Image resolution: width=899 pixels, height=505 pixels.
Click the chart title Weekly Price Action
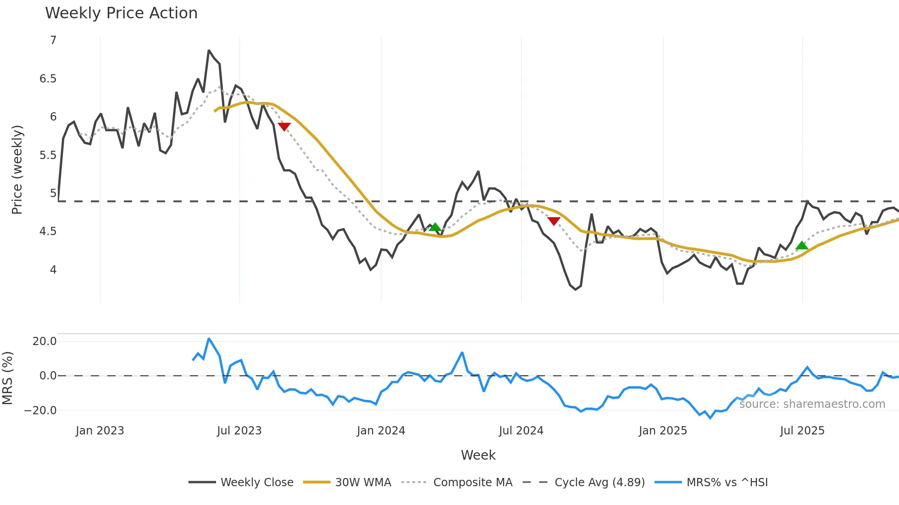point(121,13)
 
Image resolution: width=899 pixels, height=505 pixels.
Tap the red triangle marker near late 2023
point(284,126)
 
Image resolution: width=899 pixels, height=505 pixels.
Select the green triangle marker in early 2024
point(435,227)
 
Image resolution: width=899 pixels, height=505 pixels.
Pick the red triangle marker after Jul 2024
point(554,221)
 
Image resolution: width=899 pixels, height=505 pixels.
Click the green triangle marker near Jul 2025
point(802,246)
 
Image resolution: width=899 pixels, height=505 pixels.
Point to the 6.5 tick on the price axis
point(48,79)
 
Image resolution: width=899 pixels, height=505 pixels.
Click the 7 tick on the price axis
point(53,40)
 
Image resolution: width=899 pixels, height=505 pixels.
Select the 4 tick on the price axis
point(53,270)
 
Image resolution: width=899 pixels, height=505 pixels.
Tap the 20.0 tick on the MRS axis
point(44,341)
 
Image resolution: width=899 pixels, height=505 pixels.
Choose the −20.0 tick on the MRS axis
point(40,411)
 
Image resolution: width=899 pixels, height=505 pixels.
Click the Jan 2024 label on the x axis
point(381,431)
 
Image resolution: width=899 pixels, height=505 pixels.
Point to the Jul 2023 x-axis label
point(239,431)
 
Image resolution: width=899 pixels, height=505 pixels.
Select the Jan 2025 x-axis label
point(663,431)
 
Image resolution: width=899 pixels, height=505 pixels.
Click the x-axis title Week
point(478,455)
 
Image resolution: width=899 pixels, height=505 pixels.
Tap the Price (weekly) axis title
point(17,170)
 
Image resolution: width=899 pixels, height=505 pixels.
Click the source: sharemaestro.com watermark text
point(812,404)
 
